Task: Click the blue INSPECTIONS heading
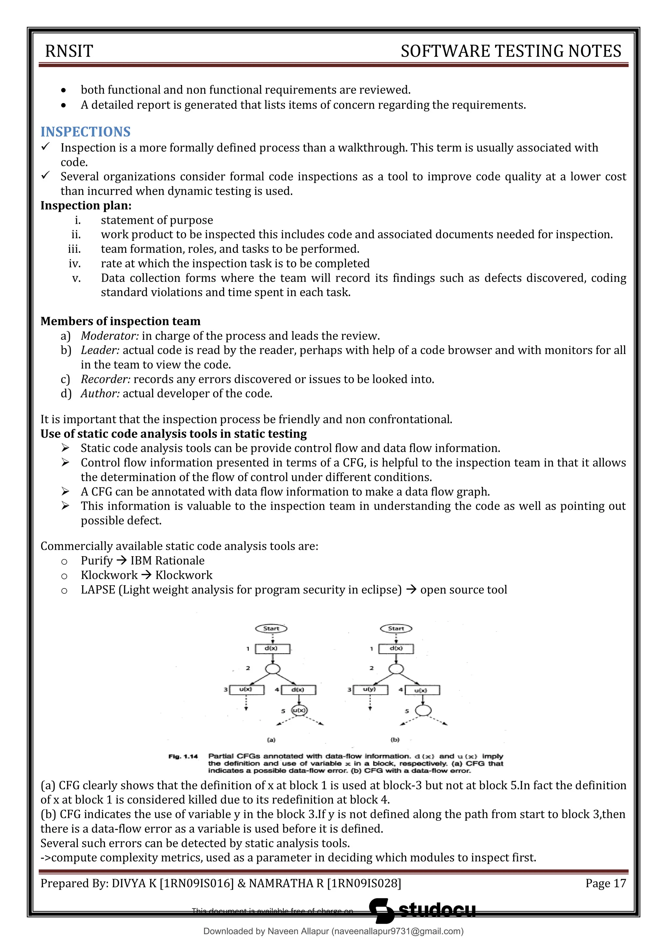pyautogui.click(x=85, y=132)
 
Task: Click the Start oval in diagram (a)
pyautogui.click(x=271, y=629)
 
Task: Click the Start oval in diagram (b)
pyautogui.click(x=396, y=629)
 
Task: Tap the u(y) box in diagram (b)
pyautogui.click(x=370, y=690)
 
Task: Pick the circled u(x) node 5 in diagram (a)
pyautogui.click(x=299, y=710)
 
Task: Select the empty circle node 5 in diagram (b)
pyautogui.click(x=423, y=710)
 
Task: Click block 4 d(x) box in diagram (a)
pyautogui.click(x=298, y=690)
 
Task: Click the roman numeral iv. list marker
pyautogui.click(x=75, y=264)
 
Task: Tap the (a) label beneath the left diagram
pyautogui.click(x=271, y=740)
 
